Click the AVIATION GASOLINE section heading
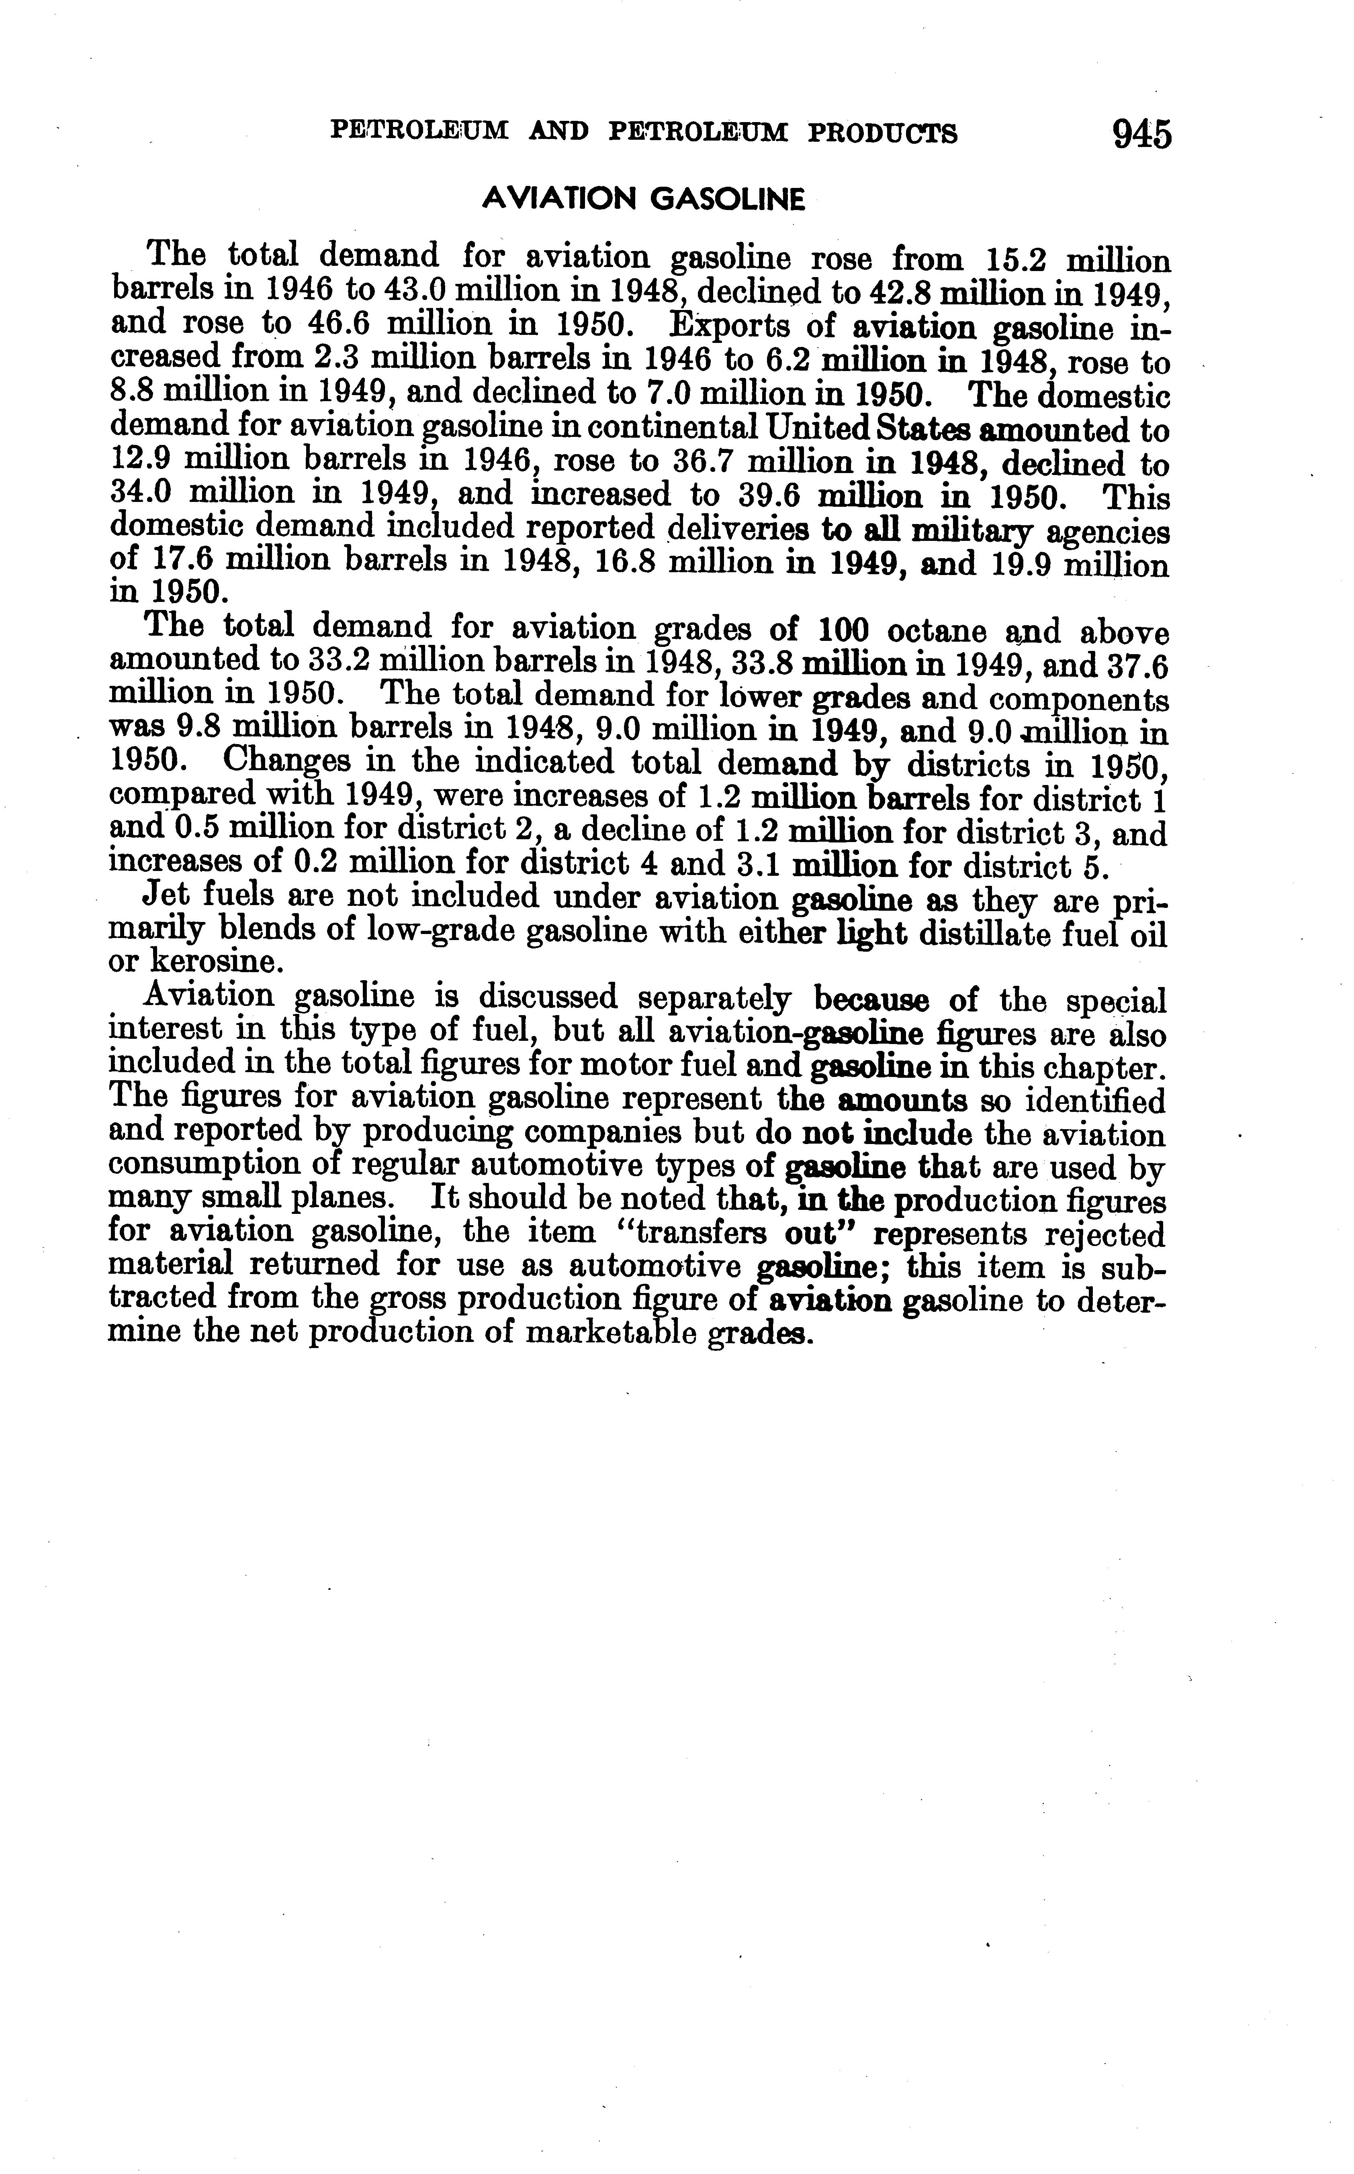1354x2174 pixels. pos(643,199)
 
